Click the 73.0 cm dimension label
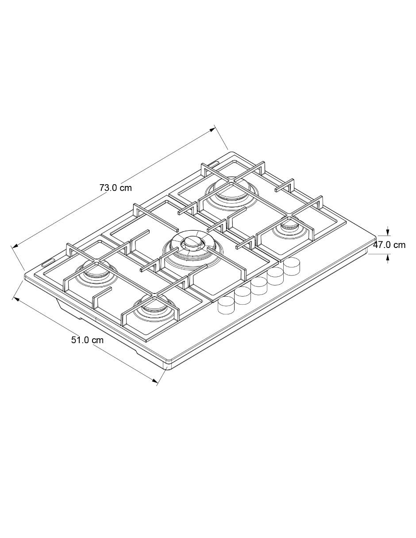click(x=116, y=187)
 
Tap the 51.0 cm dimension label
click(x=87, y=340)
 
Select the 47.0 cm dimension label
click(x=389, y=245)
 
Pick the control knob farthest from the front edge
click(x=292, y=266)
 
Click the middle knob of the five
click(x=259, y=286)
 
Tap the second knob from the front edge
click(x=243, y=295)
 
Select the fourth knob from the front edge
click(x=276, y=276)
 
